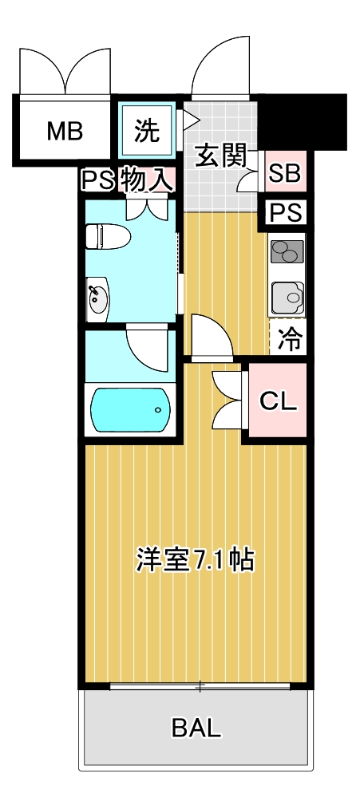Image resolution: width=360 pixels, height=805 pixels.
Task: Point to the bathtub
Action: pos(129,409)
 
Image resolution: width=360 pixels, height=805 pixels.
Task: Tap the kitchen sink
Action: pos(286,298)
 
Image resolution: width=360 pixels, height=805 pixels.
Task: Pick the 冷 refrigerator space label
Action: pos(290,341)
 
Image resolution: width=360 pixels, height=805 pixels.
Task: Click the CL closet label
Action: pos(279,401)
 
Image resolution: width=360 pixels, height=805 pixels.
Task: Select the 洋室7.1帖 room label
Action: pos(196,559)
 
